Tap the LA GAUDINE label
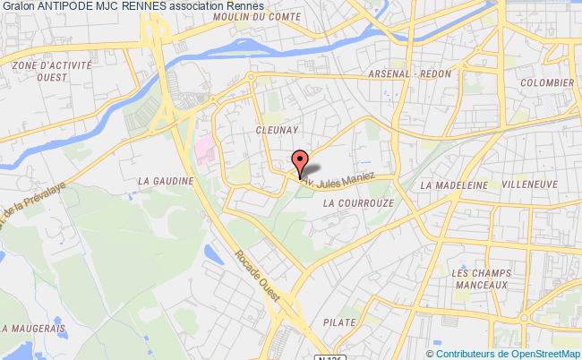pos(160,179)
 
